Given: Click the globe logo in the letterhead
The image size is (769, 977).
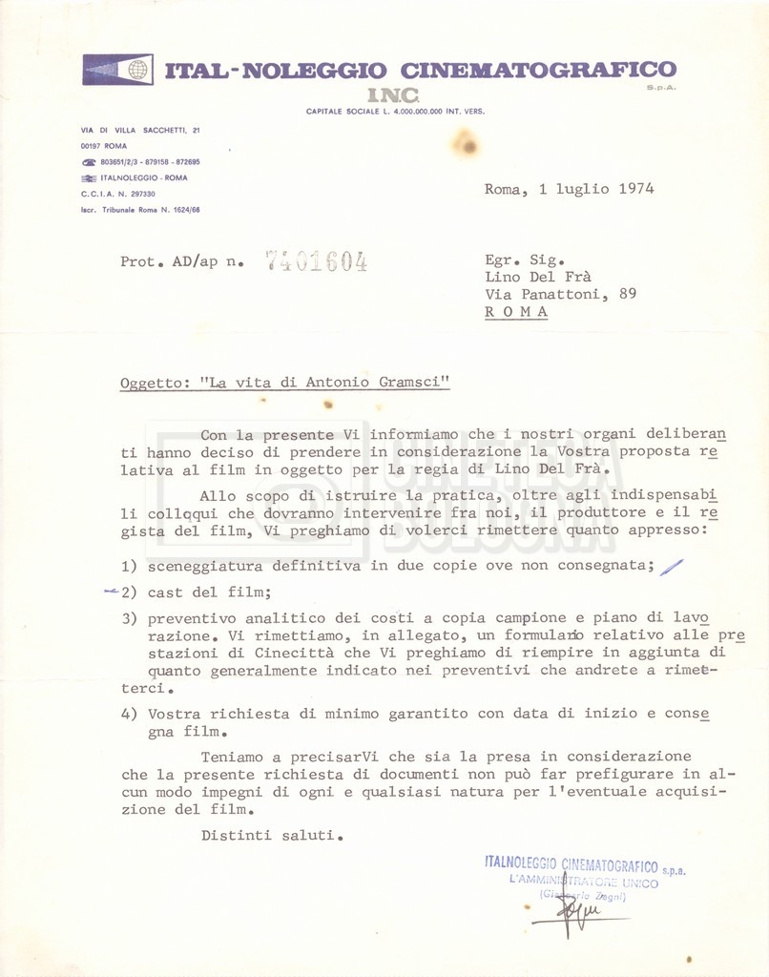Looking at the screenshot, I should point(137,70).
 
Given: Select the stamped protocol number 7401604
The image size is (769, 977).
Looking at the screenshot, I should point(316,261).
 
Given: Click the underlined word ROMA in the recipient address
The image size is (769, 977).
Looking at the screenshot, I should point(516,312).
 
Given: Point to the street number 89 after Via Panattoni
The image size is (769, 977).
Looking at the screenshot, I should point(627,294).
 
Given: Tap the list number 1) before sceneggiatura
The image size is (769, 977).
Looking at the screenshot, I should point(130,566).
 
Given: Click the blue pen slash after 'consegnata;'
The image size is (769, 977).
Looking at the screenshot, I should point(672,567).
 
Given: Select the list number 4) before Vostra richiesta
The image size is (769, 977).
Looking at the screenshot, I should point(130,714).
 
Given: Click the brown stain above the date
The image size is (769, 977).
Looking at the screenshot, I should point(466,145).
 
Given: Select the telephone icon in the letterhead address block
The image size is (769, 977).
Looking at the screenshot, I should point(89,162).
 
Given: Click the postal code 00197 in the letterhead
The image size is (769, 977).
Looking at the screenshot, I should point(92,146).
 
